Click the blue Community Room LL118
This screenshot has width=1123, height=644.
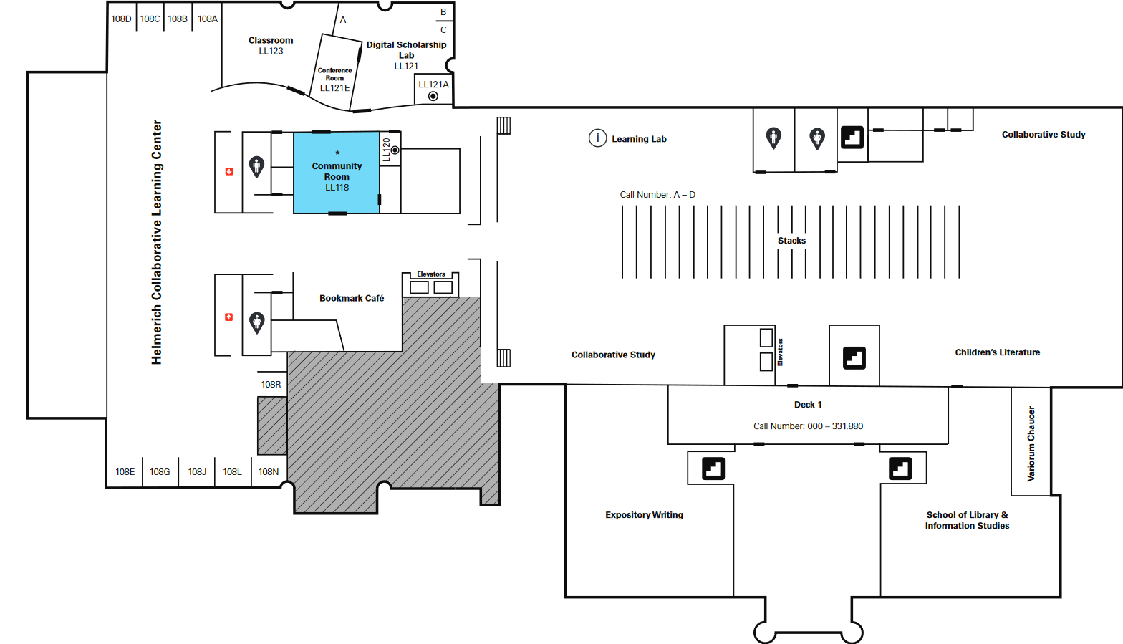[337, 173]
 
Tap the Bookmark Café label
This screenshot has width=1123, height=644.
[352, 298]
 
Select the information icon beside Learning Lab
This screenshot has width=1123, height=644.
[597, 138]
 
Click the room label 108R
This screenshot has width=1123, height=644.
[271, 384]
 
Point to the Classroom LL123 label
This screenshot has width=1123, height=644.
[271, 45]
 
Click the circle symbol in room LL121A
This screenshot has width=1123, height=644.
[433, 96]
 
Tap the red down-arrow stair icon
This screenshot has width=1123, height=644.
[229, 171]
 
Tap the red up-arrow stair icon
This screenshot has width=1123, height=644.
[229, 317]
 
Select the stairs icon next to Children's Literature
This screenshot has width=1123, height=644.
[854, 358]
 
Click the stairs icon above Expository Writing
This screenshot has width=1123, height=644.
[713, 468]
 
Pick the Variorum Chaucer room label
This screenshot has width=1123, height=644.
[1031, 443]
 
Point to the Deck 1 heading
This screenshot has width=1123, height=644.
[808, 404]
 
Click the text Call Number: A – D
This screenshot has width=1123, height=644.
[657, 195]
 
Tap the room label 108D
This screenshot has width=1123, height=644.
[121, 19]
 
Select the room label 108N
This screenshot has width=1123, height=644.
[268, 471]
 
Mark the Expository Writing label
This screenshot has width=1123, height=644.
[645, 514]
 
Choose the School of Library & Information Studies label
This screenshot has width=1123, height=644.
[967, 520]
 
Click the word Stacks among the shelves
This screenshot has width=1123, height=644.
[791, 240]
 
